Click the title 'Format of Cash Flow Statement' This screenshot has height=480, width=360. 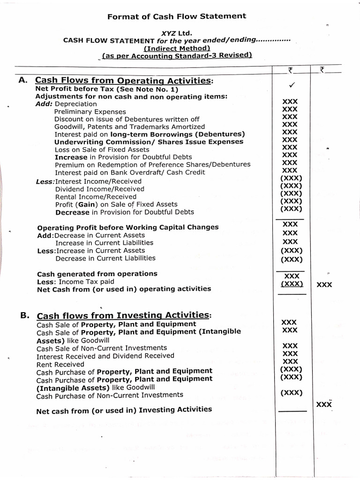tap(177, 16)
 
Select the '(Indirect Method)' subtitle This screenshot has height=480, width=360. tap(177, 48)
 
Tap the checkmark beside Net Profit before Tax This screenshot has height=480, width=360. tap(291, 85)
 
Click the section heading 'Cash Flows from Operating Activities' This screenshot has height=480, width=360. tap(124, 81)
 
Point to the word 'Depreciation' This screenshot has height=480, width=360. tap(76, 104)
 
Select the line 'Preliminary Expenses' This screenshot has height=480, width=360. tap(90, 112)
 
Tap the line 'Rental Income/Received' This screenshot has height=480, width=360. tap(96, 197)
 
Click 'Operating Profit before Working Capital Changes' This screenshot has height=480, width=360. tap(127, 227)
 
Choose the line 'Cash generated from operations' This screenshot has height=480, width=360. tap(97, 274)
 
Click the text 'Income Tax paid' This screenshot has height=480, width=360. tap(87, 281)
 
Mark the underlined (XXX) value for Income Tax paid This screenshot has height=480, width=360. tap(292, 284)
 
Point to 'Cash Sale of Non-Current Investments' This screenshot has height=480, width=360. tap(101, 348)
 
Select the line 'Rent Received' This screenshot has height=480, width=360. tap(60, 364)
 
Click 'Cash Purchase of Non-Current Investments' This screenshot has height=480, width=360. tap(110, 396)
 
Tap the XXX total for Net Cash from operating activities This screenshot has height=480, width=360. tap(324, 285)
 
